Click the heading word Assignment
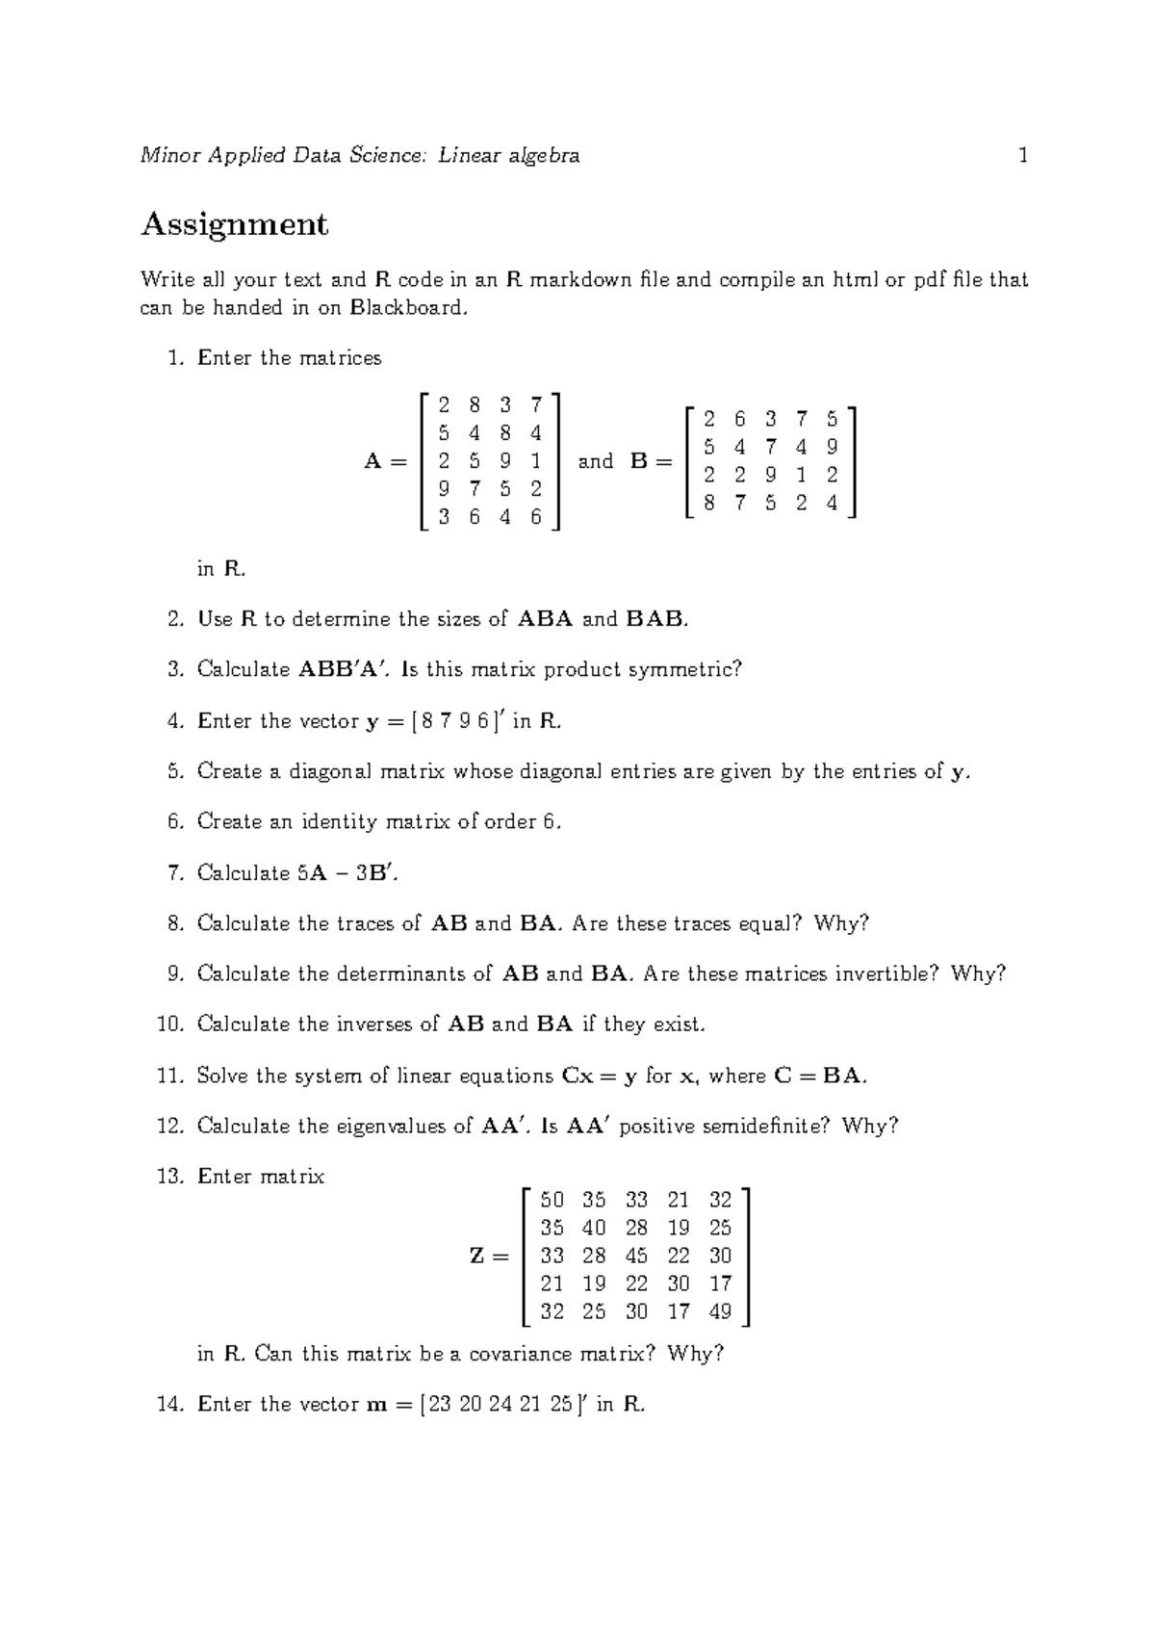pyautogui.click(x=234, y=224)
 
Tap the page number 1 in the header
pyautogui.click(x=1023, y=155)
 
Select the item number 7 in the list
pyautogui.click(x=174, y=873)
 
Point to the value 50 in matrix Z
pyautogui.click(x=552, y=1200)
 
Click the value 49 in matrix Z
pyautogui.click(x=720, y=1311)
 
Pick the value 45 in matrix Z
pyautogui.click(x=636, y=1256)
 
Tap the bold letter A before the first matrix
pyautogui.click(x=373, y=461)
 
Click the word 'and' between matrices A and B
pyautogui.click(x=596, y=461)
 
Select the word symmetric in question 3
pyautogui.click(x=684, y=669)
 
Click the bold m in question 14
pyautogui.click(x=376, y=1405)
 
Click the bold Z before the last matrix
pyautogui.click(x=476, y=1257)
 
